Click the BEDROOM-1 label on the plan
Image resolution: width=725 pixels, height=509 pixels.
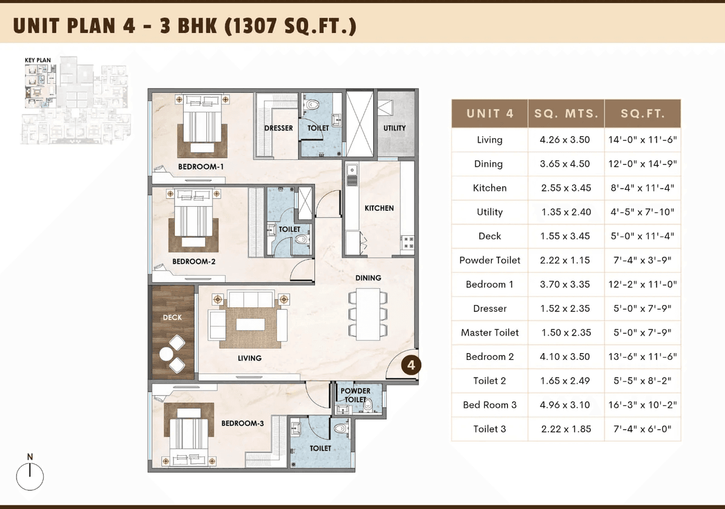pyautogui.click(x=201, y=167)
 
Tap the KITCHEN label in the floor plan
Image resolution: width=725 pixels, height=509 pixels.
pyautogui.click(x=379, y=208)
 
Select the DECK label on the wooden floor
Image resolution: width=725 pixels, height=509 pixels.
pyautogui.click(x=172, y=317)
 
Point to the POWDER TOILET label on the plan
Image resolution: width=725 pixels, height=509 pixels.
pyautogui.click(x=355, y=395)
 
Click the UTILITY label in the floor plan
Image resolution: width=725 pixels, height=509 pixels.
pyautogui.click(x=394, y=128)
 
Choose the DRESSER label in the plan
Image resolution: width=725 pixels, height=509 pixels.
pyautogui.click(x=279, y=128)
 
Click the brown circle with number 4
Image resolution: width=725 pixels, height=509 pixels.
pyautogui.click(x=411, y=365)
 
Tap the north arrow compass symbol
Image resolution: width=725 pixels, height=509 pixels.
pyautogui.click(x=30, y=476)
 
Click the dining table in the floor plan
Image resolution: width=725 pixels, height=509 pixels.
pyautogui.click(x=368, y=315)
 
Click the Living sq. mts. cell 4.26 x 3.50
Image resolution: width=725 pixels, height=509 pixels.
pyautogui.click(x=565, y=140)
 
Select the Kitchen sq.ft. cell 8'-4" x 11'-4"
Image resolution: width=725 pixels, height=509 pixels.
pyautogui.click(x=642, y=188)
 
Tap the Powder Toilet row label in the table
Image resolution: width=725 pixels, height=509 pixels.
pyautogui.click(x=489, y=260)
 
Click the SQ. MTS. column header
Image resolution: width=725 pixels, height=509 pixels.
pyautogui.click(x=566, y=113)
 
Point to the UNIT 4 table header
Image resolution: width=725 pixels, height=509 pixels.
pyautogui.click(x=489, y=113)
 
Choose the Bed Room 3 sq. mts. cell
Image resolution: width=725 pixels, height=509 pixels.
pyautogui.click(x=565, y=405)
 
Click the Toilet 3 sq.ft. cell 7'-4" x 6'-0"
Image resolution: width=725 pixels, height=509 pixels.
pyautogui.click(x=642, y=429)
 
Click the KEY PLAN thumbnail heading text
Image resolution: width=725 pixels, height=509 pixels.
pyautogui.click(x=37, y=60)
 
